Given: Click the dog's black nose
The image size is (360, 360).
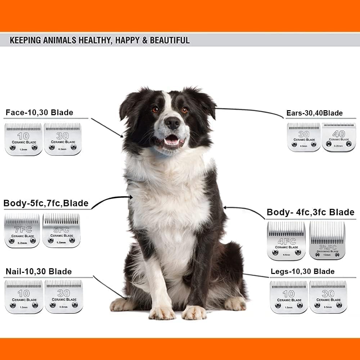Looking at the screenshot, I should coord(172,123).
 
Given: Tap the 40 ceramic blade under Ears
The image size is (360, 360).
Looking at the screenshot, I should coord(338,137).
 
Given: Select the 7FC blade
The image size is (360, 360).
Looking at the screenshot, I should coord(22,230).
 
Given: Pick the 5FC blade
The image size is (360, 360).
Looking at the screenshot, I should coord(61,230).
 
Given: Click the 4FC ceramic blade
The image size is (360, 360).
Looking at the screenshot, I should coord(286,240).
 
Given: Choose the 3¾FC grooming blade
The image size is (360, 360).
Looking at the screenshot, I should coord(327,240).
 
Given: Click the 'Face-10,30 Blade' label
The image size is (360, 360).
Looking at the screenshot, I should coord(39,113).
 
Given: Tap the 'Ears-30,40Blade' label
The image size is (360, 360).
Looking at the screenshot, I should coord(314,113).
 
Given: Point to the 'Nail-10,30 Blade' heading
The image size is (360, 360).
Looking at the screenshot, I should coord(39,271).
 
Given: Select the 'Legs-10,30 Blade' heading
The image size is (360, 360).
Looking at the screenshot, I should coord(302,271).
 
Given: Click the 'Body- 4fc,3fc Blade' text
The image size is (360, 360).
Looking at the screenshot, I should coord(310,212).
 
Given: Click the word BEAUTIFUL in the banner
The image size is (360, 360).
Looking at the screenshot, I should coord(170,40).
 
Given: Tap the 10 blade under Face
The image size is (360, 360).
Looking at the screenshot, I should coord(23,139).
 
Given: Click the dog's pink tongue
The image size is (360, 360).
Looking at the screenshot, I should coord(172,141).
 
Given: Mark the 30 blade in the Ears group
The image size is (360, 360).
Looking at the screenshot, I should coord(304,137).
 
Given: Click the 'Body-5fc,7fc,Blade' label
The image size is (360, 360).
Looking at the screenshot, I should coord(46,203).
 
